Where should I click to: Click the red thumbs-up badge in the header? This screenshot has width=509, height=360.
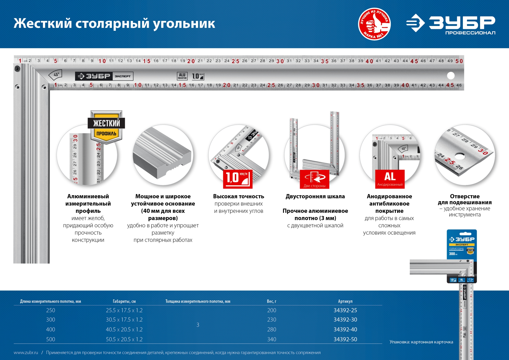374,24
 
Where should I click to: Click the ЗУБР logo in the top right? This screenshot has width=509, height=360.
451,24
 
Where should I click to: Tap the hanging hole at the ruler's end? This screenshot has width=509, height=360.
451,76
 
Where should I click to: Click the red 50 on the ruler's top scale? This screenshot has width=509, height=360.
459,61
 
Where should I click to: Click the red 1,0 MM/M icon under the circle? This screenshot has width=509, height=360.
238,179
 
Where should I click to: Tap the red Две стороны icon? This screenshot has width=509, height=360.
314,179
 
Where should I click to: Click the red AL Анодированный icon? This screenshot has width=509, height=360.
390,179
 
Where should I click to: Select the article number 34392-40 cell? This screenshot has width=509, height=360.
345,329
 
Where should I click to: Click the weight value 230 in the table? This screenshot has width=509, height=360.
271,320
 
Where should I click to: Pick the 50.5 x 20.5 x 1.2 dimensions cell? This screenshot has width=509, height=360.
124,339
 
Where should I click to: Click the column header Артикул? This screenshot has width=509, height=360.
345,301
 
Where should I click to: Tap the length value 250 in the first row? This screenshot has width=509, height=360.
50,310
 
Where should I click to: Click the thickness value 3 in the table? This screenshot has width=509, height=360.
198,325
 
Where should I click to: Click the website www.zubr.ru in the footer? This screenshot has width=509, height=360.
26,353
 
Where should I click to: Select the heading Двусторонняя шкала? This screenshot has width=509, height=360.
315,196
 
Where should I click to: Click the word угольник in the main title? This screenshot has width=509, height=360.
184,24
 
